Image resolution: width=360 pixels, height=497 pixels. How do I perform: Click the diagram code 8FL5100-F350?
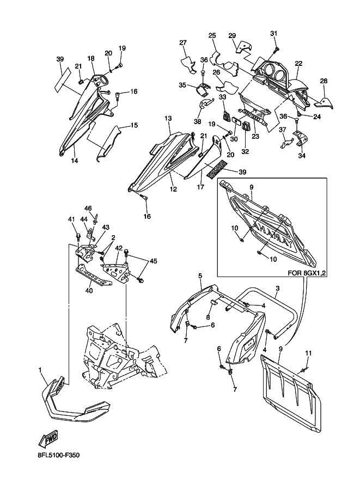point(58,456)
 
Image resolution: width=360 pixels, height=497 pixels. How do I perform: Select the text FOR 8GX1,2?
point(307,273)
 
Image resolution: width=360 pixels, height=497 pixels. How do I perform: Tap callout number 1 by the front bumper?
point(40,370)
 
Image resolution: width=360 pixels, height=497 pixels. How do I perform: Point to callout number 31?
point(274,33)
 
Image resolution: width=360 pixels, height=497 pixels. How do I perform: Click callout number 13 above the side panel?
point(168,118)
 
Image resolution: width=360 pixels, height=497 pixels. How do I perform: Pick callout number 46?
point(88,208)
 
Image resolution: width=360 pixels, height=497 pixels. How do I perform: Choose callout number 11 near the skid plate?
point(308,353)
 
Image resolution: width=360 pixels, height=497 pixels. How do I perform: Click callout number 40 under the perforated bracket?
point(89,290)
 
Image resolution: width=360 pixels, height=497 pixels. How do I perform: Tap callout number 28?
point(324,81)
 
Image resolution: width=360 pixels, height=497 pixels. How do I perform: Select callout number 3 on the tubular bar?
point(278,289)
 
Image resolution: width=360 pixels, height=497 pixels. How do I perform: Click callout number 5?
point(200,276)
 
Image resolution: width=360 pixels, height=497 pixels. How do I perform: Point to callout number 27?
point(184,43)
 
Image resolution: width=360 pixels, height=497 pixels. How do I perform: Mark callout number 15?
point(134,125)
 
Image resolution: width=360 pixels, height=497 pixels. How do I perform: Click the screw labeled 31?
point(277,48)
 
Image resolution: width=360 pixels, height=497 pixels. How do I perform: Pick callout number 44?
point(84,219)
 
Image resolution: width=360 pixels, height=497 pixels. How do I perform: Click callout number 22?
point(298,63)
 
